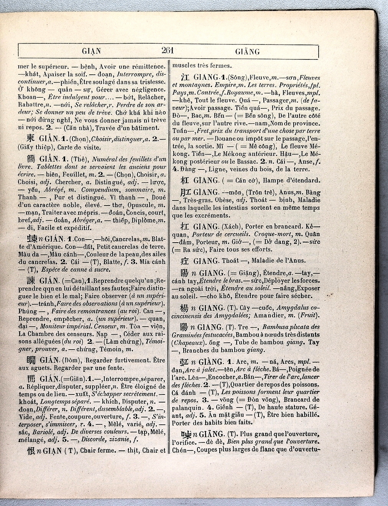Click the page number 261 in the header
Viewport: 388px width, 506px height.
coord(168,50)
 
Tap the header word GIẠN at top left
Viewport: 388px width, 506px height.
coord(91,51)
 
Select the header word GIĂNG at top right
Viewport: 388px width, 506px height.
coord(247,52)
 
